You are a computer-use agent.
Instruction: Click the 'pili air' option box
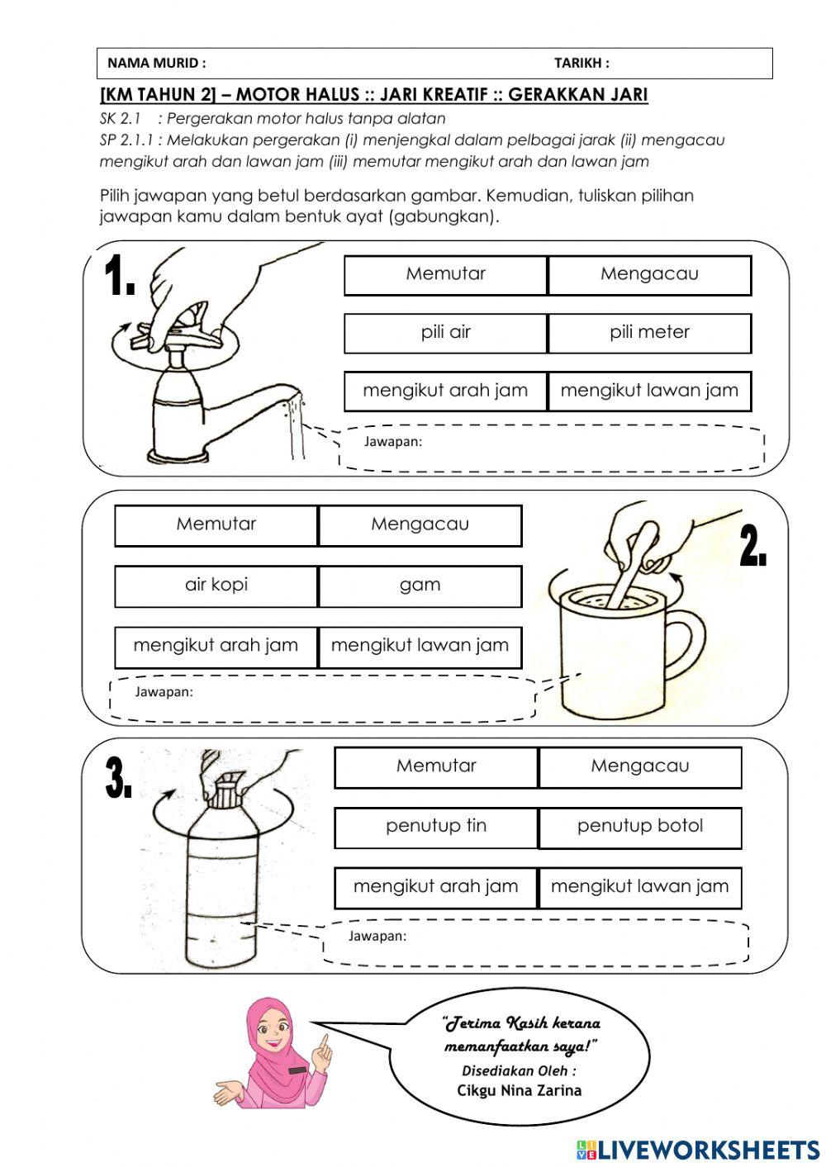(x=446, y=333)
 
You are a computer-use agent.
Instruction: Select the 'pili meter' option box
(x=649, y=333)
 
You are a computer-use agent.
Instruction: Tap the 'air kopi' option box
(x=216, y=586)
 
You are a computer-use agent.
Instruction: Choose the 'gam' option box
(x=420, y=586)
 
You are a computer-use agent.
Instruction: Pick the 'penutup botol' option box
(x=640, y=827)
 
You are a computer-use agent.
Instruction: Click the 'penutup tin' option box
(x=436, y=827)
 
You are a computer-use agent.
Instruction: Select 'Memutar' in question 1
(x=446, y=274)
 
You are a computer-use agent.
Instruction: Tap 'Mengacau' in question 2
(x=420, y=525)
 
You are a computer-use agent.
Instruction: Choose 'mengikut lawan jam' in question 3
(x=640, y=888)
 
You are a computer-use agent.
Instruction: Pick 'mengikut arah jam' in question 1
(x=446, y=391)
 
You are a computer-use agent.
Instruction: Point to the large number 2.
(x=752, y=547)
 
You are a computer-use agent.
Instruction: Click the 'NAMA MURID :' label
(x=157, y=63)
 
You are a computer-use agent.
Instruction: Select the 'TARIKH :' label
(x=582, y=63)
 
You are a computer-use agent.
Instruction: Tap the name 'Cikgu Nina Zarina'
(x=519, y=1091)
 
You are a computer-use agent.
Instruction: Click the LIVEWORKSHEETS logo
(x=697, y=1149)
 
